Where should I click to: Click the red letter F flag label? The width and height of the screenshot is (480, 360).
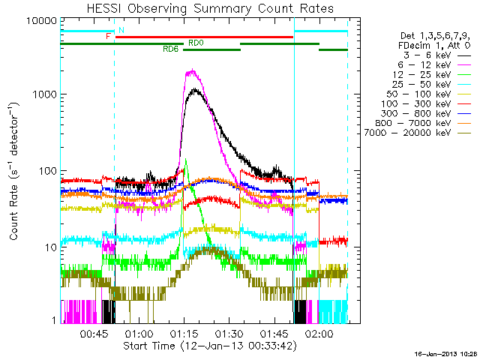pos(109,36)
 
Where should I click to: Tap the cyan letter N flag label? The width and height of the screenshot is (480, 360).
pos(122,29)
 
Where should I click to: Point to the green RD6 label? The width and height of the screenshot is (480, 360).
pos(170,49)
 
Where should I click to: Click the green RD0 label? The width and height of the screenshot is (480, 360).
pos(196,43)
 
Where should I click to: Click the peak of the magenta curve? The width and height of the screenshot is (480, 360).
pos(193,70)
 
